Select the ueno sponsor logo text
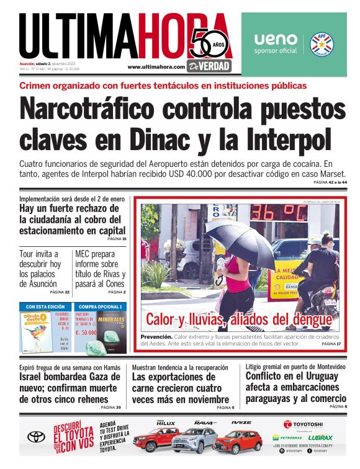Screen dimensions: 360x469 click(275, 38)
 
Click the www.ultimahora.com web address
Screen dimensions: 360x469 click(156, 67)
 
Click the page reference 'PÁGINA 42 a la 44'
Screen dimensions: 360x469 click(330, 182)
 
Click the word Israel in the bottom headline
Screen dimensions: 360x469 click(35, 377)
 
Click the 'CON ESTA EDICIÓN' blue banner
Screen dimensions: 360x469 click(45, 306)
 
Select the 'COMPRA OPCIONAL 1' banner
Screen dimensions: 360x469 click(100, 306)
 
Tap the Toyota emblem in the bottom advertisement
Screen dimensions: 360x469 click(36, 437)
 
